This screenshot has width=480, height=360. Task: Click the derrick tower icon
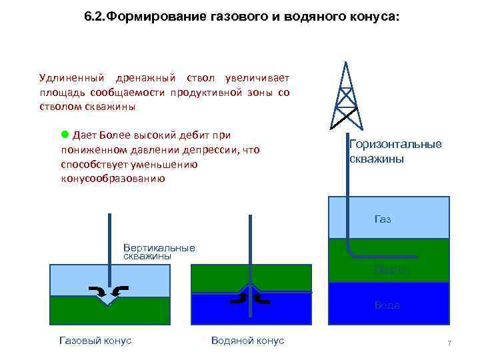point(345,97)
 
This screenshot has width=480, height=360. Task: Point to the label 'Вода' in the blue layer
point(387,305)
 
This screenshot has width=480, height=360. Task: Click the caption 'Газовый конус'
point(95,341)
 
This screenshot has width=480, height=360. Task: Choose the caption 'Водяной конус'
point(247,341)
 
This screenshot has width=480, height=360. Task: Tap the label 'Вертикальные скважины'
point(159,251)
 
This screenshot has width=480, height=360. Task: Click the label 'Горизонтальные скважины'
point(395,152)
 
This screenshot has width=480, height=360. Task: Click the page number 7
point(449,343)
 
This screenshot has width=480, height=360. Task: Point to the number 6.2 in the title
point(95,15)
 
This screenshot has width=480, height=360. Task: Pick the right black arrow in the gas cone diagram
point(121,290)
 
